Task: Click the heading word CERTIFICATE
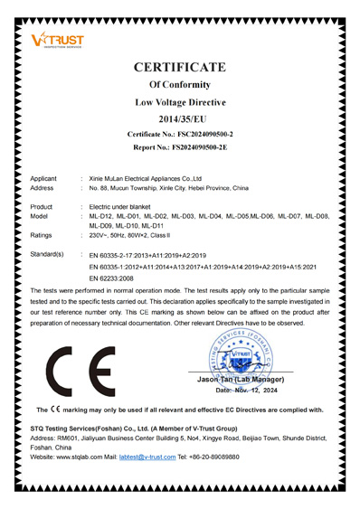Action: pyautogui.click(x=192, y=67)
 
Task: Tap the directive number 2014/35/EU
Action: pyautogui.click(x=192, y=119)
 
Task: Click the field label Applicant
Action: pyautogui.click(x=46, y=179)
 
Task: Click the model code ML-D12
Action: pyautogui.click(x=103, y=217)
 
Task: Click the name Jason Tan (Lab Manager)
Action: pyautogui.click(x=239, y=381)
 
